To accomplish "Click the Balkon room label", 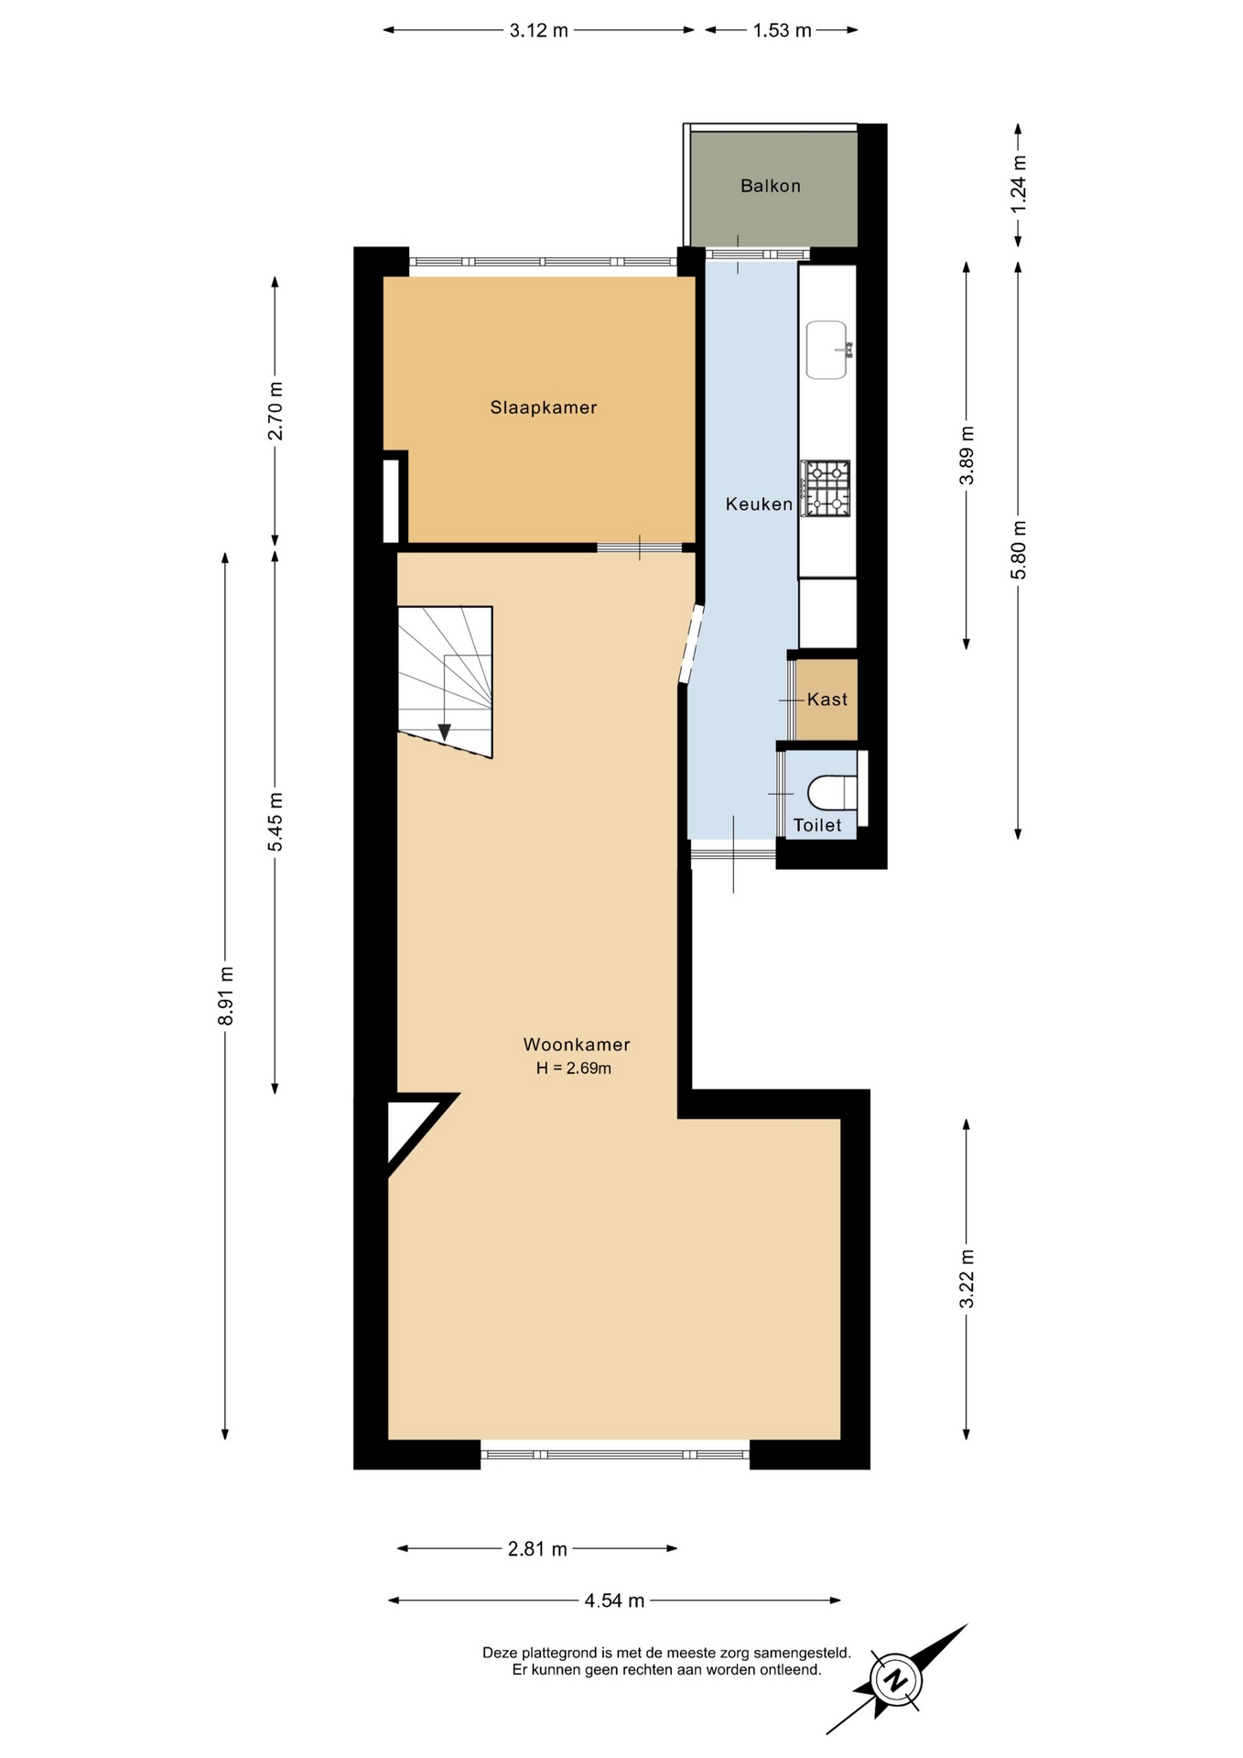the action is coord(770,186).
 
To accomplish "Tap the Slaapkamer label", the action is coord(543,407).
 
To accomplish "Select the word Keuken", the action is coord(759,504).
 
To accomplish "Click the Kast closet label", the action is coord(827,700).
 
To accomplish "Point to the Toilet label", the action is coord(817,825).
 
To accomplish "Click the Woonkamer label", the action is coord(577,1045).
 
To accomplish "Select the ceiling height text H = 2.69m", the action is coord(574,1068).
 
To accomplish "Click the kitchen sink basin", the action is coord(827,350).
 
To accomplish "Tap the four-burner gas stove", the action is coord(826,489).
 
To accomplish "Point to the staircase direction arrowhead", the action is coord(444,732).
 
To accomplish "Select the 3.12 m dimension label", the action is coord(539,30).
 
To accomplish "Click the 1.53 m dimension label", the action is coord(782,30).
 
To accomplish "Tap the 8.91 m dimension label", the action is coord(226,995).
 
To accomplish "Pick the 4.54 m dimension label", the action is coord(614,1601).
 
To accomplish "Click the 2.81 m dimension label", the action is coord(537,1549).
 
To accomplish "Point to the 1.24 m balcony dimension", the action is coord(1019,184).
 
